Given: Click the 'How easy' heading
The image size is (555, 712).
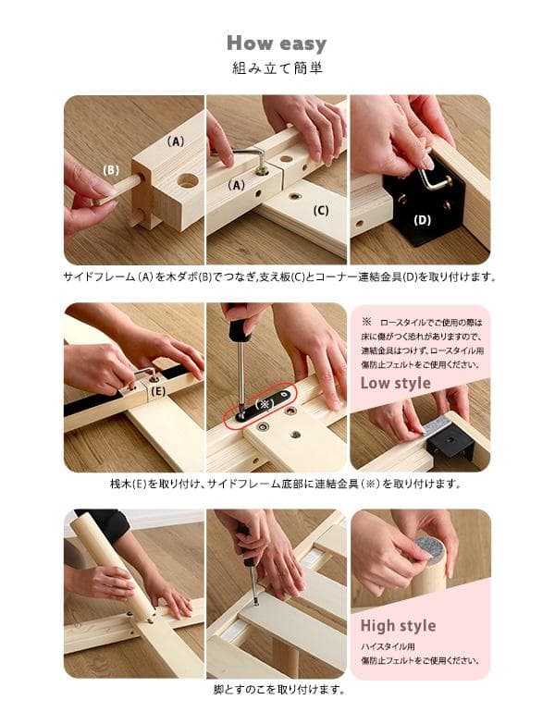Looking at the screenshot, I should click(277, 43).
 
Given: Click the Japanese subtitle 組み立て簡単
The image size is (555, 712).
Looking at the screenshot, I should click(277, 68).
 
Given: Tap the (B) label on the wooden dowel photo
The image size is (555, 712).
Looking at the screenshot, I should click(111, 170).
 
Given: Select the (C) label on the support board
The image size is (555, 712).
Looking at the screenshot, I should click(321, 210).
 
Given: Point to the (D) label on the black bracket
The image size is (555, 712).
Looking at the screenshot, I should click(422, 220).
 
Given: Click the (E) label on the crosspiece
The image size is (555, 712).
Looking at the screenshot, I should click(158, 391).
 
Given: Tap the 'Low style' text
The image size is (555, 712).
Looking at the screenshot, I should click(395, 383).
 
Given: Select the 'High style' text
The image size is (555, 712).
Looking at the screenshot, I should click(398, 626).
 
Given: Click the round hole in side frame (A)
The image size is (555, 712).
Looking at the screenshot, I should click(188, 180).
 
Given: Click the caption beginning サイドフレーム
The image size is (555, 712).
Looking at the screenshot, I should click(277, 276).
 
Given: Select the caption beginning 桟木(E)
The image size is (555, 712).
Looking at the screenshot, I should click(277, 483).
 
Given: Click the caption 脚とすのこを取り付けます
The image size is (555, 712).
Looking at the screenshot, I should click(277, 689).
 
